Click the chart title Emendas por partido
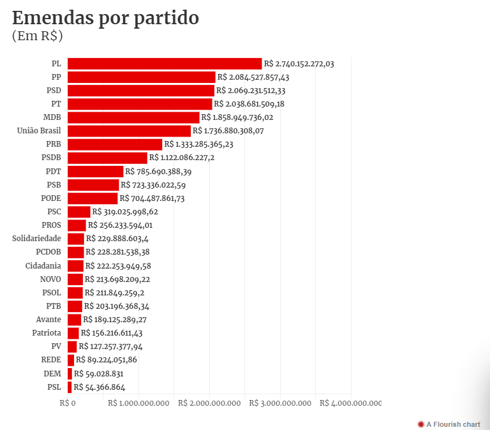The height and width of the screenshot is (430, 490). pos(106,18)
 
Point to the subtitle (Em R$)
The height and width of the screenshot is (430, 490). pos(37,36)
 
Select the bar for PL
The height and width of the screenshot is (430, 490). pos(165,64)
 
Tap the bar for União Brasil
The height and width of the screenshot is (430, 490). pos(129,131)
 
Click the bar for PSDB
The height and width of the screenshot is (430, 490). pos(107,158)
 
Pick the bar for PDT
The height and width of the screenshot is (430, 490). pos(95,172)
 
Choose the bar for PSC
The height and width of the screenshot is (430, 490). pos(78,212)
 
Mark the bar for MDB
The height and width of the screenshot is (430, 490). pos(133,117)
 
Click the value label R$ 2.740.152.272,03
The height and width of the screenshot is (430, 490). pos(299,64)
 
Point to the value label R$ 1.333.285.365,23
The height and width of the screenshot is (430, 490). pos(199,144)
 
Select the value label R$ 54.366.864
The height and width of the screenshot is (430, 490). pos(100,387)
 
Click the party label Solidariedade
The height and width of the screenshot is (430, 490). pos(37,239)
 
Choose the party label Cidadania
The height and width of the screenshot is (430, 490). pos(43,265)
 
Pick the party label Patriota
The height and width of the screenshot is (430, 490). pos(47,333)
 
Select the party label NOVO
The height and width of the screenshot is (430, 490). pos(50,279)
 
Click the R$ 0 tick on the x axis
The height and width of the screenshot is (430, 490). pos(68,403)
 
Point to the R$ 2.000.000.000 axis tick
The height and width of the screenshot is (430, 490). pos(209,403)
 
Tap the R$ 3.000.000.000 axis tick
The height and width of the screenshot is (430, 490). pos(280,403)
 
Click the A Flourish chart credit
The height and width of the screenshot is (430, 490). pos(449,424)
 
